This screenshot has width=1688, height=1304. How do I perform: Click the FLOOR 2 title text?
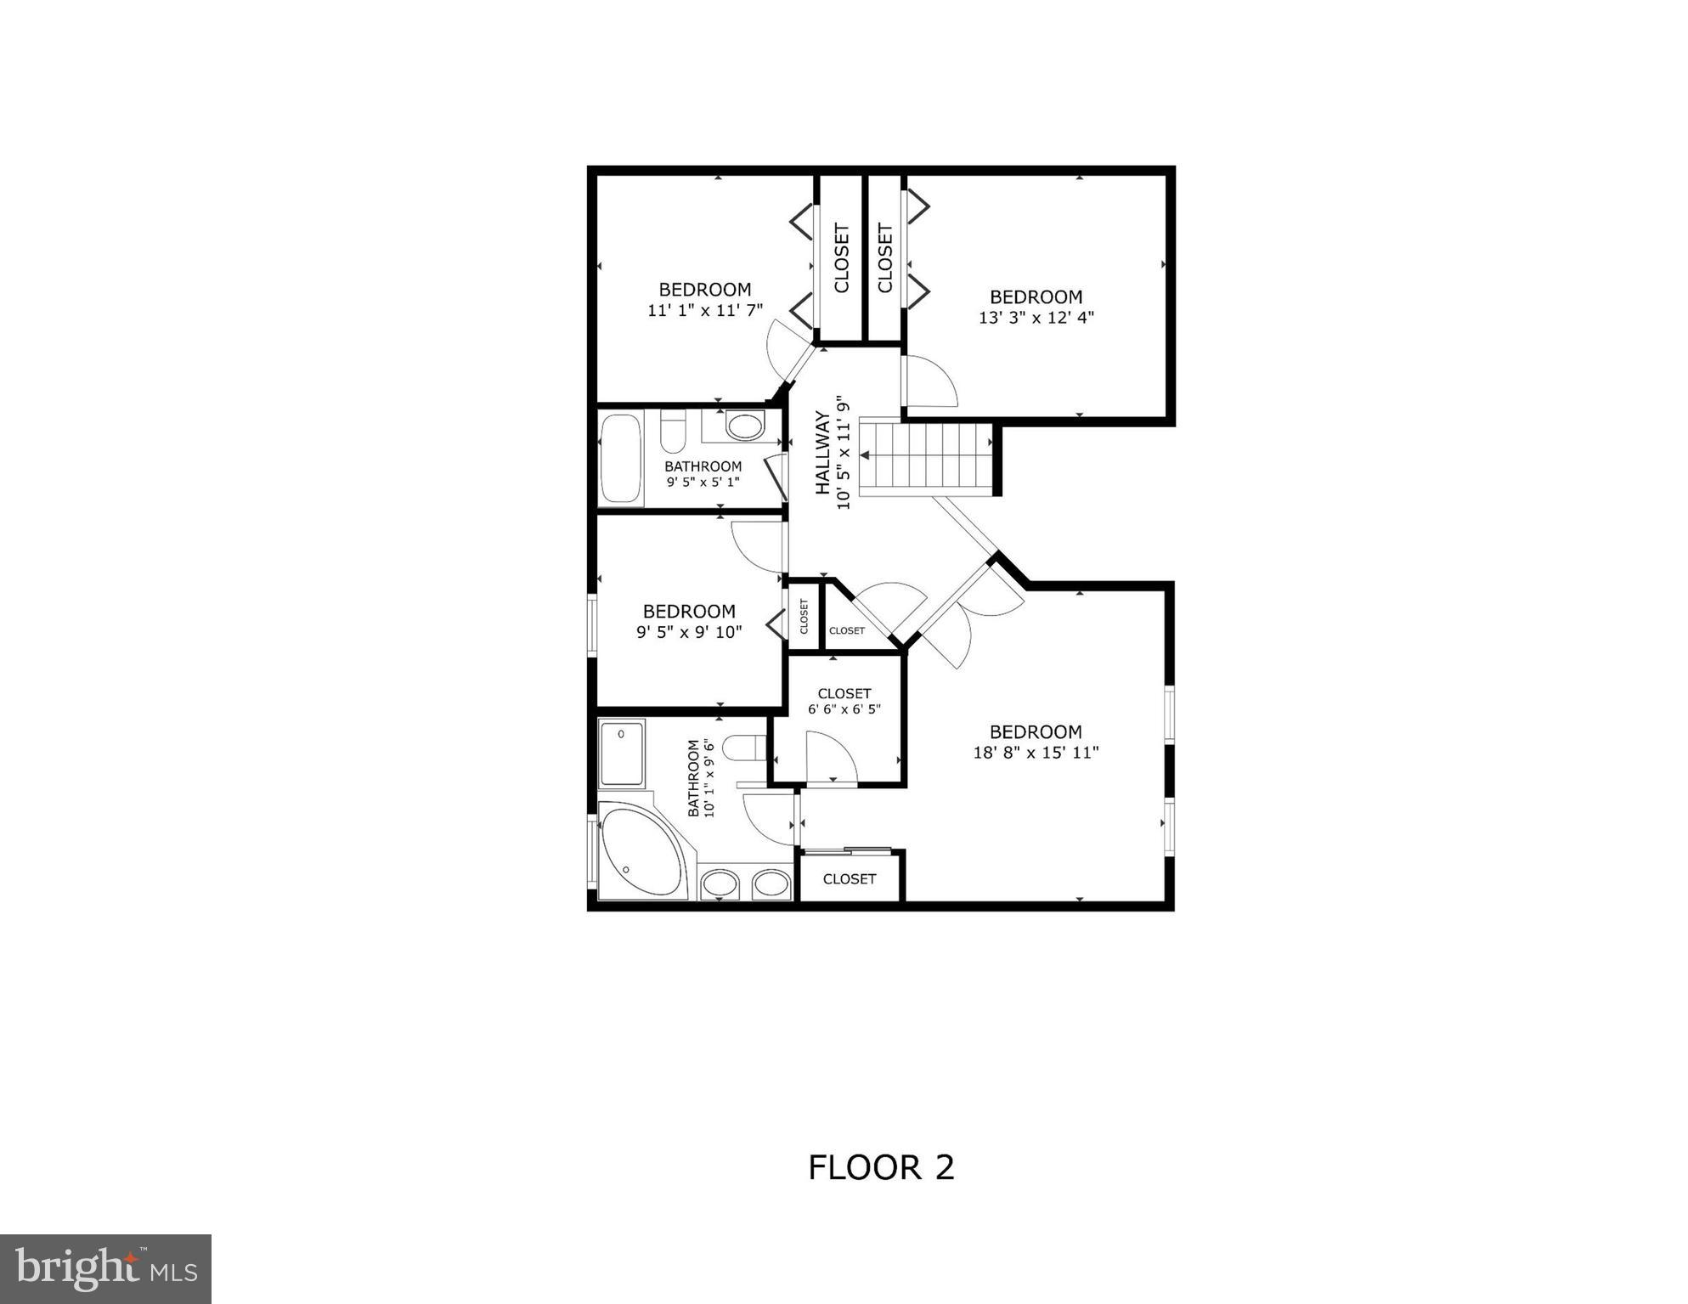coord(881,1168)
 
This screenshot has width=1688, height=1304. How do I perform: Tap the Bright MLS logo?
coord(105,1268)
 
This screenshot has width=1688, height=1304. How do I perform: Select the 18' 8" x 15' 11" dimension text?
coord(1036,753)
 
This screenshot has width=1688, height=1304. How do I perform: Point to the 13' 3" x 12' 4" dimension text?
coord(1036,318)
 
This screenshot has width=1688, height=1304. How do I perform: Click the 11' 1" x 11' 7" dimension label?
coord(705,310)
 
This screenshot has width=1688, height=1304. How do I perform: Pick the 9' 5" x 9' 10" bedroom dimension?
coord(689,632)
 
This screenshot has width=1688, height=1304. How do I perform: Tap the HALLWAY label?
coord(822,453)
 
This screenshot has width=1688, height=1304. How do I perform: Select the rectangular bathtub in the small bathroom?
coord(620,459)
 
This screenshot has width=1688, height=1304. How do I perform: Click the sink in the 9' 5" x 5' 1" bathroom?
coord(745,426)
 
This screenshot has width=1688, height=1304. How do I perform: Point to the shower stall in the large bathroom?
coord(622,753)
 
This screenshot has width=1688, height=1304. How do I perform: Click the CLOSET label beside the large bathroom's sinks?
coord(850,878)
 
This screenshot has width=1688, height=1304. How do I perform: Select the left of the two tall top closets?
coord(840,258)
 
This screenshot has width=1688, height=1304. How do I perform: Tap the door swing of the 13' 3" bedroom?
coord(929,381)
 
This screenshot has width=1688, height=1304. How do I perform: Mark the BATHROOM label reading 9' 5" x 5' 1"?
coord(703,473)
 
